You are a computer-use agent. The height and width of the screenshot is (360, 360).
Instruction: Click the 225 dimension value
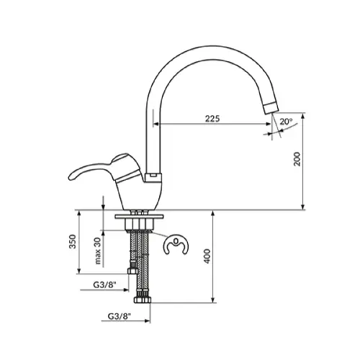click(x=212, y=118)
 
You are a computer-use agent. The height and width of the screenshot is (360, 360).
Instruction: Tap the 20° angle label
click(x=286, y=122)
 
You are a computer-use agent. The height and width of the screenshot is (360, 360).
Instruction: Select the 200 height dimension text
click(x=297, y=159)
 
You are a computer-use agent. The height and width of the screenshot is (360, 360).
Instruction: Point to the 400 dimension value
click(x=207, y=256)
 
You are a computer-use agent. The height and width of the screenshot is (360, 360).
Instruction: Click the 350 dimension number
click(x=73, y=241)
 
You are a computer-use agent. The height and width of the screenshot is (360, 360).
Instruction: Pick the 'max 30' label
click(x=98, y=250)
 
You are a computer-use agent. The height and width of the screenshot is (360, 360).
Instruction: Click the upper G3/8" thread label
click(x=104, y=285)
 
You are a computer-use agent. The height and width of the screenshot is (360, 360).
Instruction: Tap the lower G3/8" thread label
click(x=120, y=316)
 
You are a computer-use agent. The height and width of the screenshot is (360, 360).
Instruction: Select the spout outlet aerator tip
click(x=271, y=108)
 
